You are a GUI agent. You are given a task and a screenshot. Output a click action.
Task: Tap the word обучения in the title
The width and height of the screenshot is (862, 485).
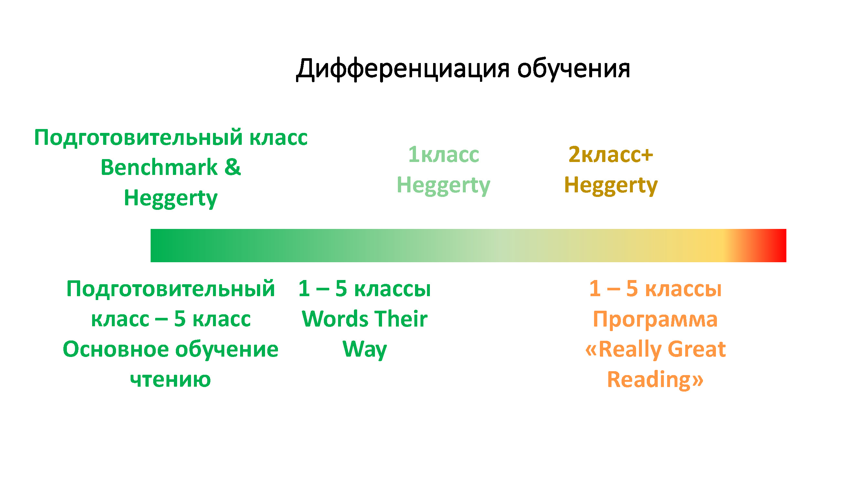pyautogui.click(x=574, y=69)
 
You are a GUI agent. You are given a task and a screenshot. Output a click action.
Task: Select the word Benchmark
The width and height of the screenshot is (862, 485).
pyautogui.click(x=159, y=167)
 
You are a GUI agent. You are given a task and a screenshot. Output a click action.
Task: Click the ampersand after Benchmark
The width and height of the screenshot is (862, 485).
pyautogui.click(x=233, y=167)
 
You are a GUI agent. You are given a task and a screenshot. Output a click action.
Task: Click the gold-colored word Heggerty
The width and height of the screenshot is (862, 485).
pyautogui.click(x=611, y=186)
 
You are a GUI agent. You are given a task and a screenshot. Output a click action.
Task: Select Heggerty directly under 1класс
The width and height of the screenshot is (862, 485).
pyautogui.click(x=443, y=186)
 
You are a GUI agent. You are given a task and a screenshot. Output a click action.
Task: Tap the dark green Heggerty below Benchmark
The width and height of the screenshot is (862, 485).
pyautogui.click(x=171, y=199)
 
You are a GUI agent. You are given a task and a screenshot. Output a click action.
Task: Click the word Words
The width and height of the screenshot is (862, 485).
pyautogui.click(x=335, y=319)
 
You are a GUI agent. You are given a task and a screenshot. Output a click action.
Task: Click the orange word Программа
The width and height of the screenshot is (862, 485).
pyautogui.click(x=655, y=319)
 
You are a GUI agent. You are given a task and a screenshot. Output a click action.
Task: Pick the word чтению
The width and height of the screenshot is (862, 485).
pyautogui.click(x=170, y=380)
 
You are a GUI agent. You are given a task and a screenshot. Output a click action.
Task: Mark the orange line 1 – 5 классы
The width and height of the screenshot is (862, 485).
pyautogui.click(x=655, y=288)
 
